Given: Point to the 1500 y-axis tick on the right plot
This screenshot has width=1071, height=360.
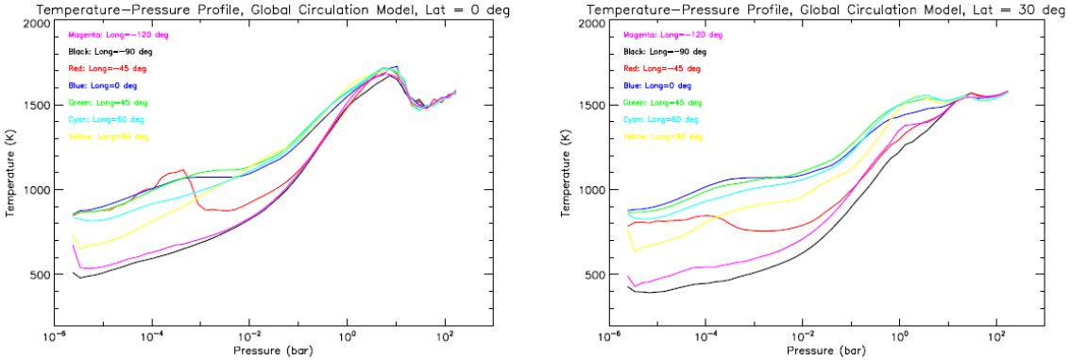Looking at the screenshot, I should click(x=590, y=106).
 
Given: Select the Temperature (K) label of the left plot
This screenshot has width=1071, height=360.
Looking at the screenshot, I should click(x=11, y=175).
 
